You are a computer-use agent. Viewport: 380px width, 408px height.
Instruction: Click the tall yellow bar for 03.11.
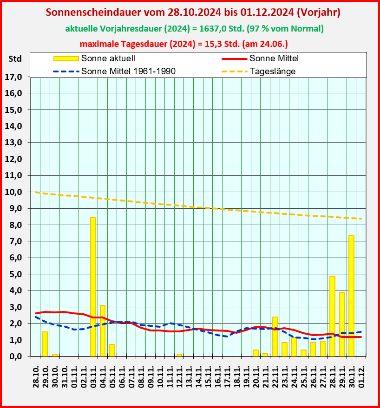click(93, 286)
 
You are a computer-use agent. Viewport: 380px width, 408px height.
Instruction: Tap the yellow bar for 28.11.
click(332, 316)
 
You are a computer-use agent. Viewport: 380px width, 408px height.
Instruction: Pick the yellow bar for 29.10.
click(45, 344)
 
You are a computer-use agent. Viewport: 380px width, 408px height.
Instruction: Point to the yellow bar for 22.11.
click(275, 337)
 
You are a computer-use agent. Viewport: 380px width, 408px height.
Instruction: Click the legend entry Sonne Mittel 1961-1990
click(128, 71)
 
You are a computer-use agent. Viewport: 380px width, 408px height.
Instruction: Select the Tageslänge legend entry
click(272, 71)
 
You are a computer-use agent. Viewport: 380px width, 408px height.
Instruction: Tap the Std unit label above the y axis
click(15, 59)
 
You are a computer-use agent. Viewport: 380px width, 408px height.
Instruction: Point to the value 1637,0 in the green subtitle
click(207, 29)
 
